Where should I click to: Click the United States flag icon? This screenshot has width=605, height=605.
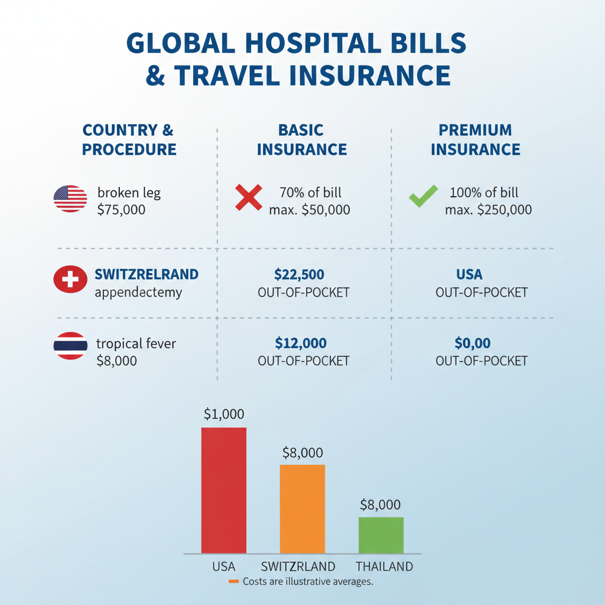70,199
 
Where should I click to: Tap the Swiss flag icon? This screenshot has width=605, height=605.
70,280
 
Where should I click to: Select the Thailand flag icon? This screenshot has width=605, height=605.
70,347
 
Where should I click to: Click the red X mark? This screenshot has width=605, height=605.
249,197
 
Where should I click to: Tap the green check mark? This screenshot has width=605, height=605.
424,196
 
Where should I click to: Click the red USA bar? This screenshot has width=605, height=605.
224,490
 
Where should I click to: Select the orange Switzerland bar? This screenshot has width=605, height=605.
302,509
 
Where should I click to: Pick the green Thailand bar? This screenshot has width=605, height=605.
381,535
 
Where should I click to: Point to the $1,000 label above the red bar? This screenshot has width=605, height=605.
224,414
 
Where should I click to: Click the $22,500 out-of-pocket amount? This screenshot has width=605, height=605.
300,274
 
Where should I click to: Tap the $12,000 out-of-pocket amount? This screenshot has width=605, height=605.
301,343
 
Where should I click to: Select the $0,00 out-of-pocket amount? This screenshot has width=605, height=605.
473,343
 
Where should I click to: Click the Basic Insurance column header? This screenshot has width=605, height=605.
301,139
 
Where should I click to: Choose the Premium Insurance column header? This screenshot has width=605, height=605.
476,139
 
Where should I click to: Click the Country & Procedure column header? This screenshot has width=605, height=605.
129,139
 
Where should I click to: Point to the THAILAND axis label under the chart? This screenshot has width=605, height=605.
384,567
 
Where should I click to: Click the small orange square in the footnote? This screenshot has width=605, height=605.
233,582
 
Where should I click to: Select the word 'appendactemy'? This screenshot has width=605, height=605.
138,292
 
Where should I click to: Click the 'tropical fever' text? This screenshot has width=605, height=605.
136,343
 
